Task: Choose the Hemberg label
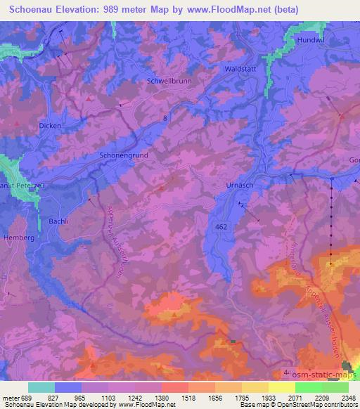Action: point(18,238)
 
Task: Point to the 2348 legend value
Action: point(349,397)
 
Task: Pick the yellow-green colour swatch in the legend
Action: point(281,387)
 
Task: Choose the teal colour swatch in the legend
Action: point(41,387)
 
